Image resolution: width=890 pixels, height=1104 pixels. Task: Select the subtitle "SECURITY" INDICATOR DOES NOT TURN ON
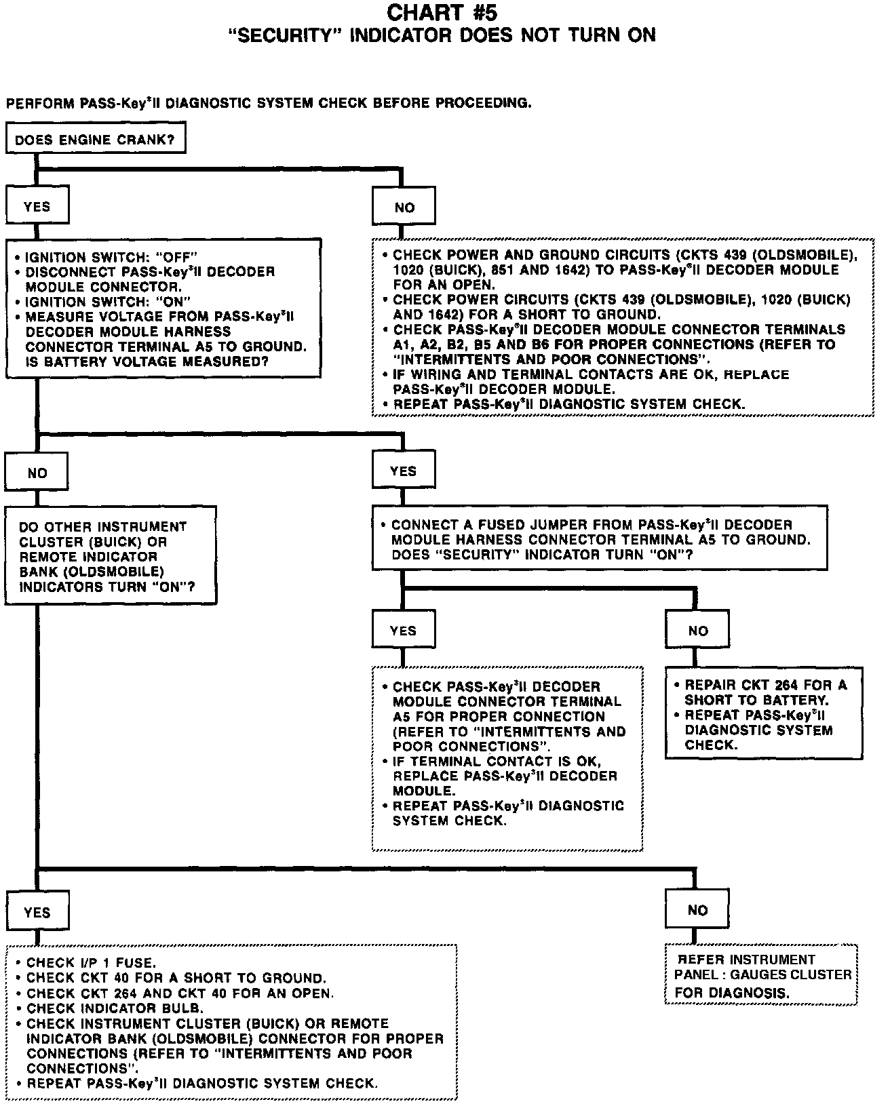(x=444, y=35)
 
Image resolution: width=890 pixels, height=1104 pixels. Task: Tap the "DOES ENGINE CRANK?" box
(x=95, y=140)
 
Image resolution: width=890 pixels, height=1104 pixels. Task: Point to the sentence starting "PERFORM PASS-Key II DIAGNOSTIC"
(x=269, y=104)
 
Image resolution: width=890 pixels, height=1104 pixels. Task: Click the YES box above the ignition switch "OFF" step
(x=37, y=206)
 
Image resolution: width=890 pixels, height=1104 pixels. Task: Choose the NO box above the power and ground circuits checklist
(x=404, y=208)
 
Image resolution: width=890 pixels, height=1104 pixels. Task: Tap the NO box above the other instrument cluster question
(x=37, y=473)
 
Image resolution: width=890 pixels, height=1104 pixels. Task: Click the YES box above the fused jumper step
(x=404, y=471)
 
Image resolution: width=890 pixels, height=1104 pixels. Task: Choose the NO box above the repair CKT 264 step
(x=697, y=631)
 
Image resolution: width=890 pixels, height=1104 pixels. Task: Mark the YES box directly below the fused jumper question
(x=404, y=631)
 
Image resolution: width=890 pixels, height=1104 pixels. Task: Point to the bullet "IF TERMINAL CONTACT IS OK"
(x=497, y=762)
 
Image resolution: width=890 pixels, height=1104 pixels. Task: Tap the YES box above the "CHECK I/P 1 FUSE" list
(x=37, y=912)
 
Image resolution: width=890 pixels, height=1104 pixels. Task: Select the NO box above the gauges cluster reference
(x=697, y=910)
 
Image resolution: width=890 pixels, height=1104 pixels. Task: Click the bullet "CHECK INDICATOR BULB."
(x=115, y=1008)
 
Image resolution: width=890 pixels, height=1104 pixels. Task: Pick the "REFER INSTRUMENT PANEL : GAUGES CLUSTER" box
(x=762, y=975)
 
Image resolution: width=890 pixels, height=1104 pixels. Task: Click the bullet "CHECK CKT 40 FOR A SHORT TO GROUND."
(x=176, y=978)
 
